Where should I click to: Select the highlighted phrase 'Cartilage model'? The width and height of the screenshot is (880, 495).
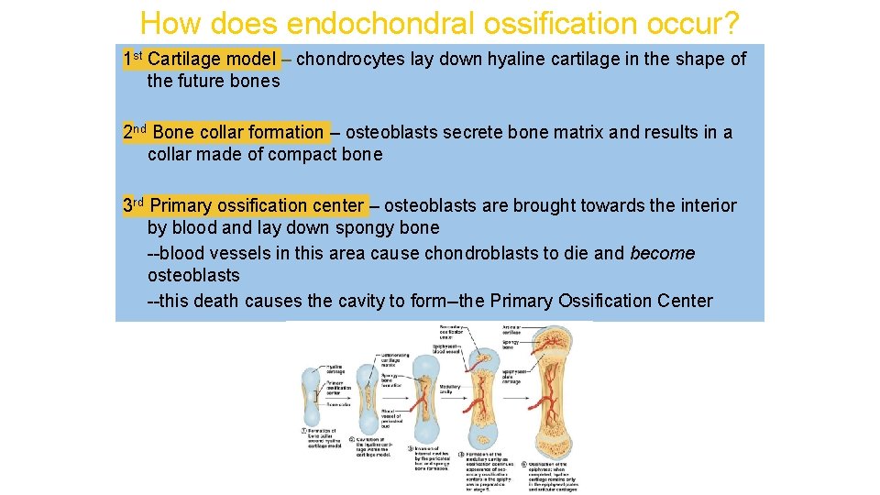coord(211,60)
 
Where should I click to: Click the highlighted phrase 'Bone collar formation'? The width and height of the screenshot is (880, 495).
coord(237,132)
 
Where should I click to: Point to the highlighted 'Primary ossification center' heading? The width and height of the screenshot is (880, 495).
coord(257,205)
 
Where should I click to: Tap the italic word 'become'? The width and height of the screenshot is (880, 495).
coord(663,253)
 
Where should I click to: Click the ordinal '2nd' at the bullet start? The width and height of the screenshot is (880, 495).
coord(135,131)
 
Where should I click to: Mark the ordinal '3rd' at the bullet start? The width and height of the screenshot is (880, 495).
coord(134,204)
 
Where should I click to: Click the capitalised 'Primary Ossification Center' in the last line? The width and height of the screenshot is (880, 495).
coord(601,301)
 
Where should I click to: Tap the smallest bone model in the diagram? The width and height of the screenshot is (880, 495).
coord(312,394)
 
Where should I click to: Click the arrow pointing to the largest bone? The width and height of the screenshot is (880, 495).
coord(523,394)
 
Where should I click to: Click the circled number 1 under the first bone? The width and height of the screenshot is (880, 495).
coord(304,432)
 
